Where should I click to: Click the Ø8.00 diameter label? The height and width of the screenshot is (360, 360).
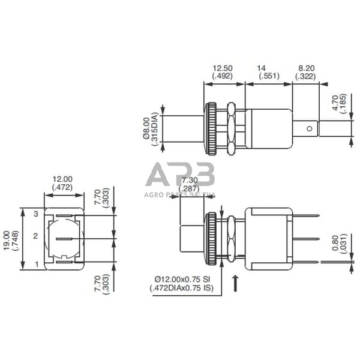point(146,128)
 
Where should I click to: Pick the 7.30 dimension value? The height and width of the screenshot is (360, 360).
point(190,180)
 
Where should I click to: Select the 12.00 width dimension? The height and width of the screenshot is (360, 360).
point(62,179)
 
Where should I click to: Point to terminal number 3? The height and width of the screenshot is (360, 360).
point(35,214)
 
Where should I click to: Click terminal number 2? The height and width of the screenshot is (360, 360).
point(35,236)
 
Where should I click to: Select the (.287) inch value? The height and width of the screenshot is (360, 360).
point(190,188)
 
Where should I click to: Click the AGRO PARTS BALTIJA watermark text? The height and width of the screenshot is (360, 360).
point(180,194)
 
